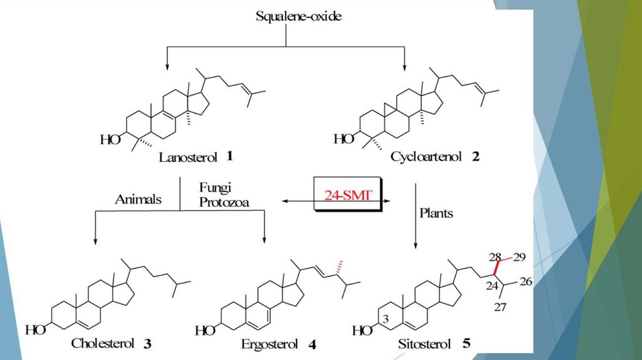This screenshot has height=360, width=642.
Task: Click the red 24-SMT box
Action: [x=349, y=196]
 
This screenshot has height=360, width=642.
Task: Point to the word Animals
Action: [x=139, y=200]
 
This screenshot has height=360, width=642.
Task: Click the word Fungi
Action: [x=214, y=188]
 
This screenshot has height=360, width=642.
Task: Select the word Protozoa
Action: [x=225, y=201]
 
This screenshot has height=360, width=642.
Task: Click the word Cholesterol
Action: [x=103, y=343]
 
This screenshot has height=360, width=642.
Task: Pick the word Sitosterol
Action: [x=424, y=344]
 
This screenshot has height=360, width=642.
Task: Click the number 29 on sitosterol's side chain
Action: [x=520, y=257]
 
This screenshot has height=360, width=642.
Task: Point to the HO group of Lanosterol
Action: [x=111, y=139]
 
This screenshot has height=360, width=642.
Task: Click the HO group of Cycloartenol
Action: [x=344, y=139]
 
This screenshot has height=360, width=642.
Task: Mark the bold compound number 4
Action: [x=312, y=344]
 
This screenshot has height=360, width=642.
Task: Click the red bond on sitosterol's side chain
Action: [x=497, y=267]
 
